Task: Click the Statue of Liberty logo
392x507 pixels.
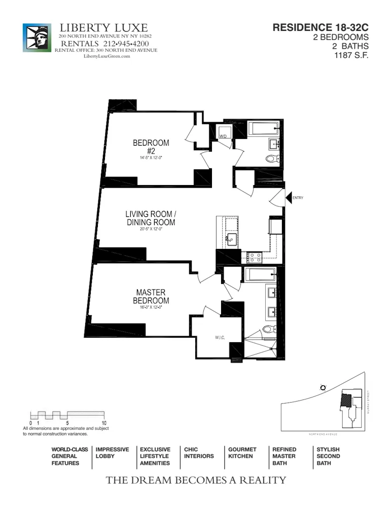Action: [x=37, y=38]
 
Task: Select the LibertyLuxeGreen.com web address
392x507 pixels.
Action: [x=106, y=56]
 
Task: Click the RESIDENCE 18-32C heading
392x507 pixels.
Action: [x=320, y=28]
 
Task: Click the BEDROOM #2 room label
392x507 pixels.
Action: [x=151, y=148]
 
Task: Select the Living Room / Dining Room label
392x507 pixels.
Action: [x=151, y=219]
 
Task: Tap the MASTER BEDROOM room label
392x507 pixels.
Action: [x=151, y=297]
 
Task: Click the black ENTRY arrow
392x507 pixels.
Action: [x=289, y=198]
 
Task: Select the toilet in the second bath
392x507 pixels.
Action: [x=272, y=159]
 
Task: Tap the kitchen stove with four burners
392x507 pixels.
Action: [x=254, y=258]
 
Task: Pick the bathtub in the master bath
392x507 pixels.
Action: [x=260, y=275]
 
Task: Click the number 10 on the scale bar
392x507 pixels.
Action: [x=104, y=422]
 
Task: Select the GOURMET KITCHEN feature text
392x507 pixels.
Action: [x=242, y=453]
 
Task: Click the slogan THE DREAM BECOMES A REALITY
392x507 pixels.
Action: [x=196, y=480]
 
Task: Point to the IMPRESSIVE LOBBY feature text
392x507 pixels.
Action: [x=112, y=453]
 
